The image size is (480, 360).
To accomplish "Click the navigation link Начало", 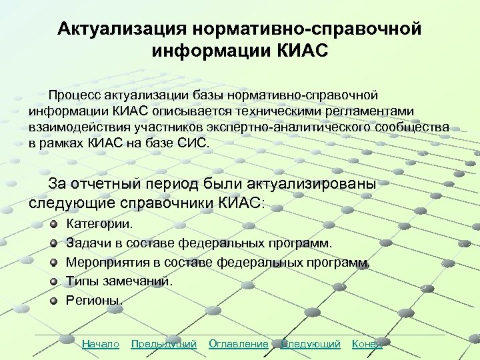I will tap(100, 344).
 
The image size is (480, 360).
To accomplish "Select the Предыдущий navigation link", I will tap(163, 344).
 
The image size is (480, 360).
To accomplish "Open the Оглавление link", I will tap(238, 344).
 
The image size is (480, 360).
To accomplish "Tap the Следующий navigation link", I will tap(310, 344).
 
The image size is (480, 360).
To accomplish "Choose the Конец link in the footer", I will tap(367, 344).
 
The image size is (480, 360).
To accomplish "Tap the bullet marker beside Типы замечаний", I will tap(53, 281).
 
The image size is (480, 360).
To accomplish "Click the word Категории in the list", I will tap(99, 225).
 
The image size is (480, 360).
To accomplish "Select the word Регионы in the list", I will tap(94, 300).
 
